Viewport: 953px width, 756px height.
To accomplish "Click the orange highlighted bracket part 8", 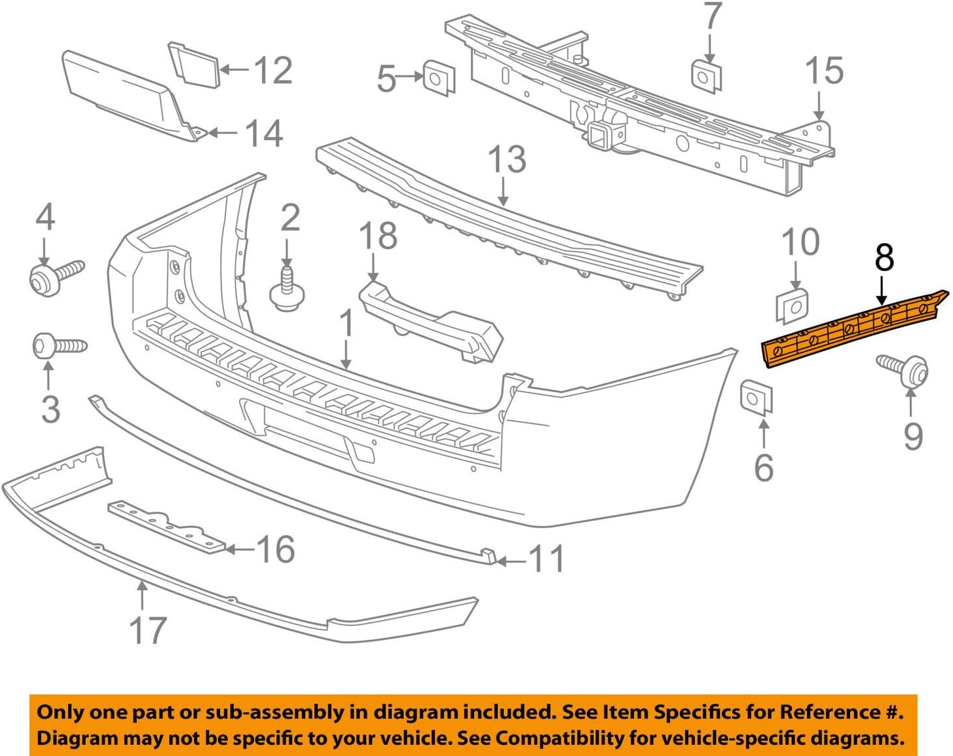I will pos(851,330).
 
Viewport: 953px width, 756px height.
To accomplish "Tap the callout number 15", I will pos(823,71).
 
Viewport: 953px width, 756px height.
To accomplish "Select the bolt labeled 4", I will pos(55,275).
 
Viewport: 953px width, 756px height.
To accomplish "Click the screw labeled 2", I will pos(286,292).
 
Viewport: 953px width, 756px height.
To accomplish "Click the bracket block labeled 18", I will pos(430,321).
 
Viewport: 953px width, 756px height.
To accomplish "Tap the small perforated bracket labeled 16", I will pos(166,527).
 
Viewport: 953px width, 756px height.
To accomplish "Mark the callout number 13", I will pos(507,160).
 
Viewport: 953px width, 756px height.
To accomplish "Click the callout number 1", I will pos(346,324).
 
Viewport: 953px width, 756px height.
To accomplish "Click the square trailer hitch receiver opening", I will pos(597,137).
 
